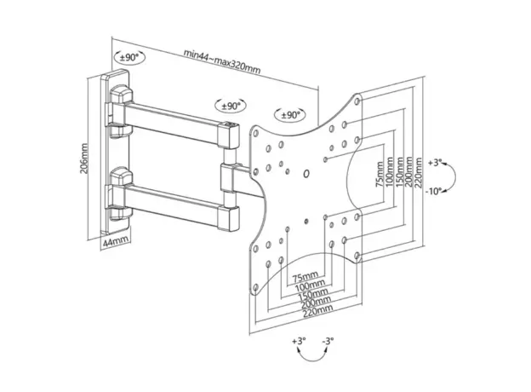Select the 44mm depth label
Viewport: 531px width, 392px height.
click(116, 242)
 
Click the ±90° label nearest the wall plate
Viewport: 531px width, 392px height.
click(129, 57)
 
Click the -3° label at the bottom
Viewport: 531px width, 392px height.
click(328, 341)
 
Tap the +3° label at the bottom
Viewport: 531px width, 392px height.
click(298, 341)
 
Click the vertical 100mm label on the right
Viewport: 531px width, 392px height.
click(389, 174)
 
